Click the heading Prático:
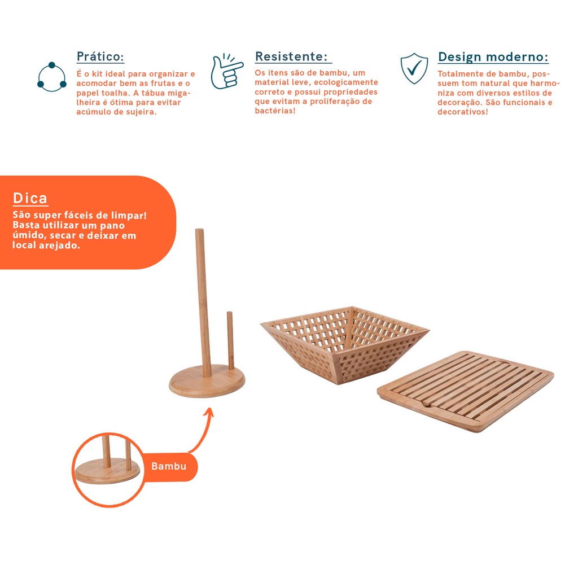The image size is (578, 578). (x=100, y=56)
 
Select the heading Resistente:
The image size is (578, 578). (x=291, y=56)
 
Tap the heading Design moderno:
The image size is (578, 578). (x=493, y=57)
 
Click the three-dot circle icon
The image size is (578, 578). (x=51, y=77)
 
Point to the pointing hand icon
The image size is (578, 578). (x=226, y=71)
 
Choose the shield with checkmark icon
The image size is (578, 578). (x=414, y=68)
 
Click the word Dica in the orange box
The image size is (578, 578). (x=30, y=198)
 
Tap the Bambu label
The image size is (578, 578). (x=169, y=466)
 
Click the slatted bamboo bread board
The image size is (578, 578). (x=466, y=391)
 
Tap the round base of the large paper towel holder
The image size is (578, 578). (x=207, y=382)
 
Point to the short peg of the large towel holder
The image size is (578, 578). (x=230, y=340)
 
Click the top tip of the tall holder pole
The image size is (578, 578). (x=199, y=230)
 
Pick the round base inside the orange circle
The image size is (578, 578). (x=108, y=471)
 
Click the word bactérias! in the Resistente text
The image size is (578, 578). (x=275, y=111)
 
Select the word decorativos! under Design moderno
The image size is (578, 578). (x=463, y=112)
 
